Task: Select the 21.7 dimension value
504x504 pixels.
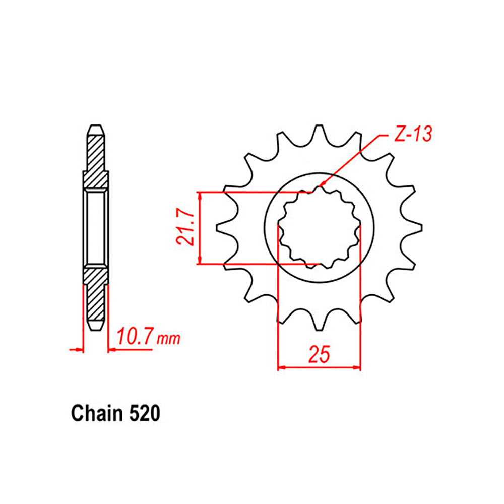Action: pos(185,228)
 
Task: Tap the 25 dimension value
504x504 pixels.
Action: pos(319,354)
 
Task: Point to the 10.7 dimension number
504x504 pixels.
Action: pos(135,337)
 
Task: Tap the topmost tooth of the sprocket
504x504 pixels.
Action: pos(319,133)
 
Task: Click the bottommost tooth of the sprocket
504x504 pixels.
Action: pos(319,322)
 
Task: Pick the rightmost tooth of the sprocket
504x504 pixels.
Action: pos(415,228)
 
